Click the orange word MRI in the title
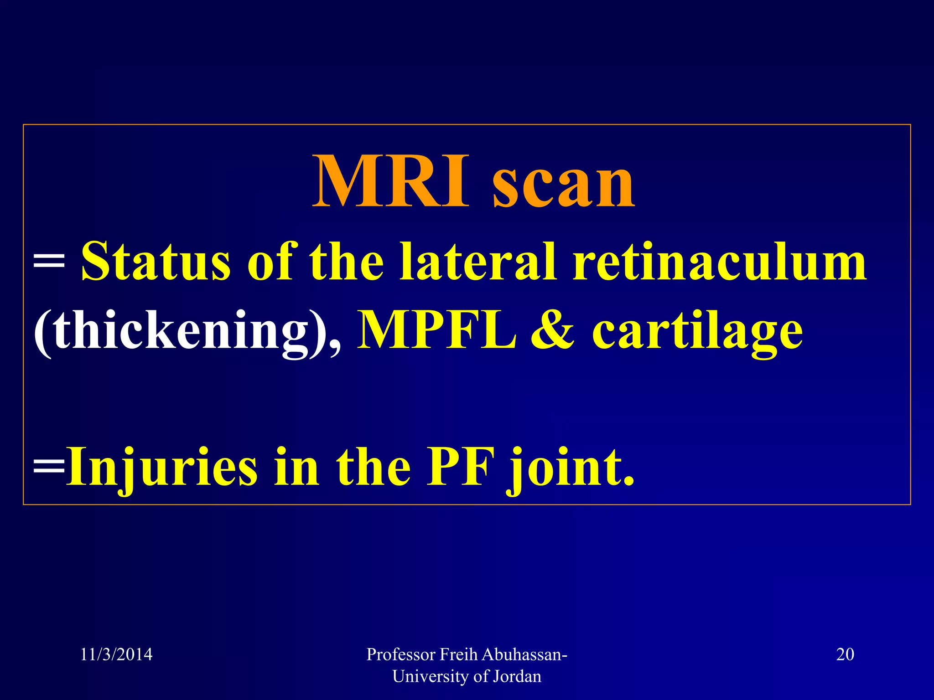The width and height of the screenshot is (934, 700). [390, 181]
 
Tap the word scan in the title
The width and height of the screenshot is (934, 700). [564, 185]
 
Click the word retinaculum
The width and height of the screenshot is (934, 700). [720, 262]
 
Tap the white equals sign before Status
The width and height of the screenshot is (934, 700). [49, 264]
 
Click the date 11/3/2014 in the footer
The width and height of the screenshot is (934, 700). [116, 654]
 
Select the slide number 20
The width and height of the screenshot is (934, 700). [845, 654]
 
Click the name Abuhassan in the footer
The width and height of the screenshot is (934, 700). [524, 654]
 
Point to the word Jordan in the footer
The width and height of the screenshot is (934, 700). [517, 676]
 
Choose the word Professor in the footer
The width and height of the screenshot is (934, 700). [401, 654]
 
